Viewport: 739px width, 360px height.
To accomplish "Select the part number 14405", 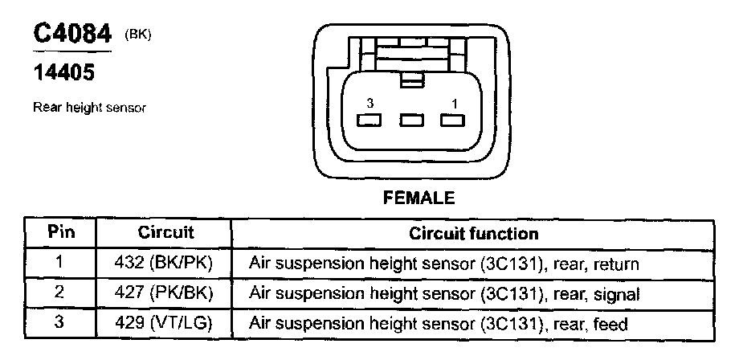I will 63,74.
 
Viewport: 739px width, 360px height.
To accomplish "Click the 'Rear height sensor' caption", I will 90,107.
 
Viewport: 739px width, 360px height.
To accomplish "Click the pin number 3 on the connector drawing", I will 369,104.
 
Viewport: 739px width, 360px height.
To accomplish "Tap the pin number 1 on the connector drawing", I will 454,104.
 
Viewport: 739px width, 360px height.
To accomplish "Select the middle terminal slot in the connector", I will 411,121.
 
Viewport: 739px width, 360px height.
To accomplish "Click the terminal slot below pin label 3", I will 369,121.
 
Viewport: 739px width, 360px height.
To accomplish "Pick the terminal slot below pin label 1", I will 453,121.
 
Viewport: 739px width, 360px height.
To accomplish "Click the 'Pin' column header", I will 61,233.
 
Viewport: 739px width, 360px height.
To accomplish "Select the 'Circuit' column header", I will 166,233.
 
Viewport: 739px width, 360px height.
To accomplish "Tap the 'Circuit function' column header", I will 474,234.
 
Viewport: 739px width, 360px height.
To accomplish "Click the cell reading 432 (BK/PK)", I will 166,264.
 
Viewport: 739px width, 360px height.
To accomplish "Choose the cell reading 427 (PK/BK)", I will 166,294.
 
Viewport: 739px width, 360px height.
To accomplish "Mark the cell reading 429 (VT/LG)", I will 166,325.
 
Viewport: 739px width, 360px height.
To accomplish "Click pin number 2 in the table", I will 59,294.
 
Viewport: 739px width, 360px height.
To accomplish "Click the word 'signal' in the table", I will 617,295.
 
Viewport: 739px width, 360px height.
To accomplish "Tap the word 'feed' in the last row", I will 610,325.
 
